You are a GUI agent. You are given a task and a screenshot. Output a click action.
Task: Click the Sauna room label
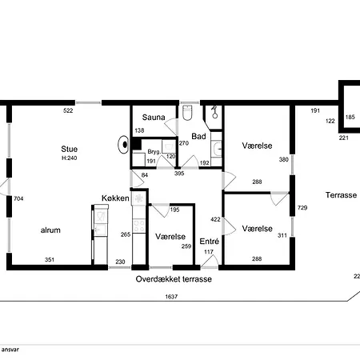pyautogui.click(x=154, y=118)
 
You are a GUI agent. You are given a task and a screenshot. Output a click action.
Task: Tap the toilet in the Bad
pyautogui.click(x=188, y=113)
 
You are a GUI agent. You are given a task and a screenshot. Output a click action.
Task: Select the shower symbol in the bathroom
pyautogui.click(x=214, y=112)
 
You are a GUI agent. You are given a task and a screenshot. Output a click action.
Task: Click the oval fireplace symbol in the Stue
pyautogui.click(x=124, y=145)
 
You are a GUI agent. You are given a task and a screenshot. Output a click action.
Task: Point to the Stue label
pyautogui.click(x=70, y=149)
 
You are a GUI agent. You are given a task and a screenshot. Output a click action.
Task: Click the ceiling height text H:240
pyautogui.click(x=70, y=158)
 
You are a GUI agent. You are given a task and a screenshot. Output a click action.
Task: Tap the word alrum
pyautogui.click(x=50, y=230)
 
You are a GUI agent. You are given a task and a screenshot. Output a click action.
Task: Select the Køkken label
pyautogui.click(x=115, y=198)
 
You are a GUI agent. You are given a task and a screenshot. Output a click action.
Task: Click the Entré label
pyautogui.click(x=210, y=242)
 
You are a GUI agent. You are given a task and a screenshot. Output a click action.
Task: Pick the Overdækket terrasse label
pyautogui.click(x=174, y=279)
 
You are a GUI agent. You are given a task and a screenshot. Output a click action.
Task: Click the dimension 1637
pyautogui.click(x=171, y=297)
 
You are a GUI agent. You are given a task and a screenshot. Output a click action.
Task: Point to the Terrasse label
pyautogui.click(x=341, y=195)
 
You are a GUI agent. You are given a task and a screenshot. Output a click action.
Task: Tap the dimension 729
pyautogui.click(x=302, y=207)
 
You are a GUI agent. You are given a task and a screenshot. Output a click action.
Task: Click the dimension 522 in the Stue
pyautogui.click(x=68, y=110)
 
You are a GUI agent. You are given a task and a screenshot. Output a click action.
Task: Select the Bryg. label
pyautogui.click(x=154, y=152)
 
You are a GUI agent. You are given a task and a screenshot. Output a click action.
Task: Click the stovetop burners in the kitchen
pyautogui.click(x=139, y=226)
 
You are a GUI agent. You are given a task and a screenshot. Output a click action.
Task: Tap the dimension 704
pyautogui.click(x=18, y=198)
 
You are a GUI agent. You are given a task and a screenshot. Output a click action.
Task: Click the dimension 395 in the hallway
pyautogui.click(x=179, y=174)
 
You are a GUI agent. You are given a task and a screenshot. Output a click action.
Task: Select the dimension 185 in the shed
pyautogui.click(x=350, y=117)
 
